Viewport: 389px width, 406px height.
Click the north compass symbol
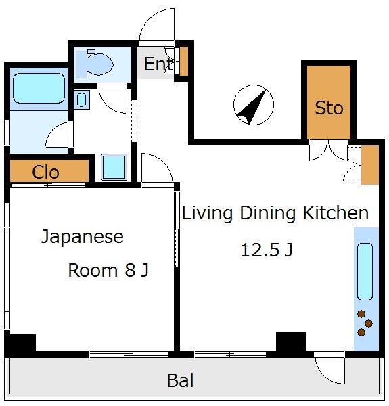(x=254, y=106)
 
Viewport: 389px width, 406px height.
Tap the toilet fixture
(x=94, y=64)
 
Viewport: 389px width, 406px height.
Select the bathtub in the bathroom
(x=38, y=88)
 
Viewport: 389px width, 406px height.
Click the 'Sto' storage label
(x=329, y=108)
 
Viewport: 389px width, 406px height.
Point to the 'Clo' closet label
(x=46, y=173)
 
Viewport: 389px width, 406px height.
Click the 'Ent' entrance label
(x=158, y=65)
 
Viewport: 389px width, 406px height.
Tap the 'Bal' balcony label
(x=181, y=381)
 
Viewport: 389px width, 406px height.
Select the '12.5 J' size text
(x=267, y=250)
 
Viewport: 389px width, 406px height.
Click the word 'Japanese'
(x=83, y=237)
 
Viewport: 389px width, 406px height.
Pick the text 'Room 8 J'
(x=108, y=271)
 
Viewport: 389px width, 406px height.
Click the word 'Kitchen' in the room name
(x=336, y=214)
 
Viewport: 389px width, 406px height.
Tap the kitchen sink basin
(x=365, y=271)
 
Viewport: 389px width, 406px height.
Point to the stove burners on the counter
(x=365, y=323)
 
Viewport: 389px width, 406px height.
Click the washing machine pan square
(x=114, y=166)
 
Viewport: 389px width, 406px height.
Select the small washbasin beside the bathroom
(x=81, y=100)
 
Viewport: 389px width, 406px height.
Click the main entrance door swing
(x=157, y=27)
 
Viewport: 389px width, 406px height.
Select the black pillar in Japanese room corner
(x=20, y=344)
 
